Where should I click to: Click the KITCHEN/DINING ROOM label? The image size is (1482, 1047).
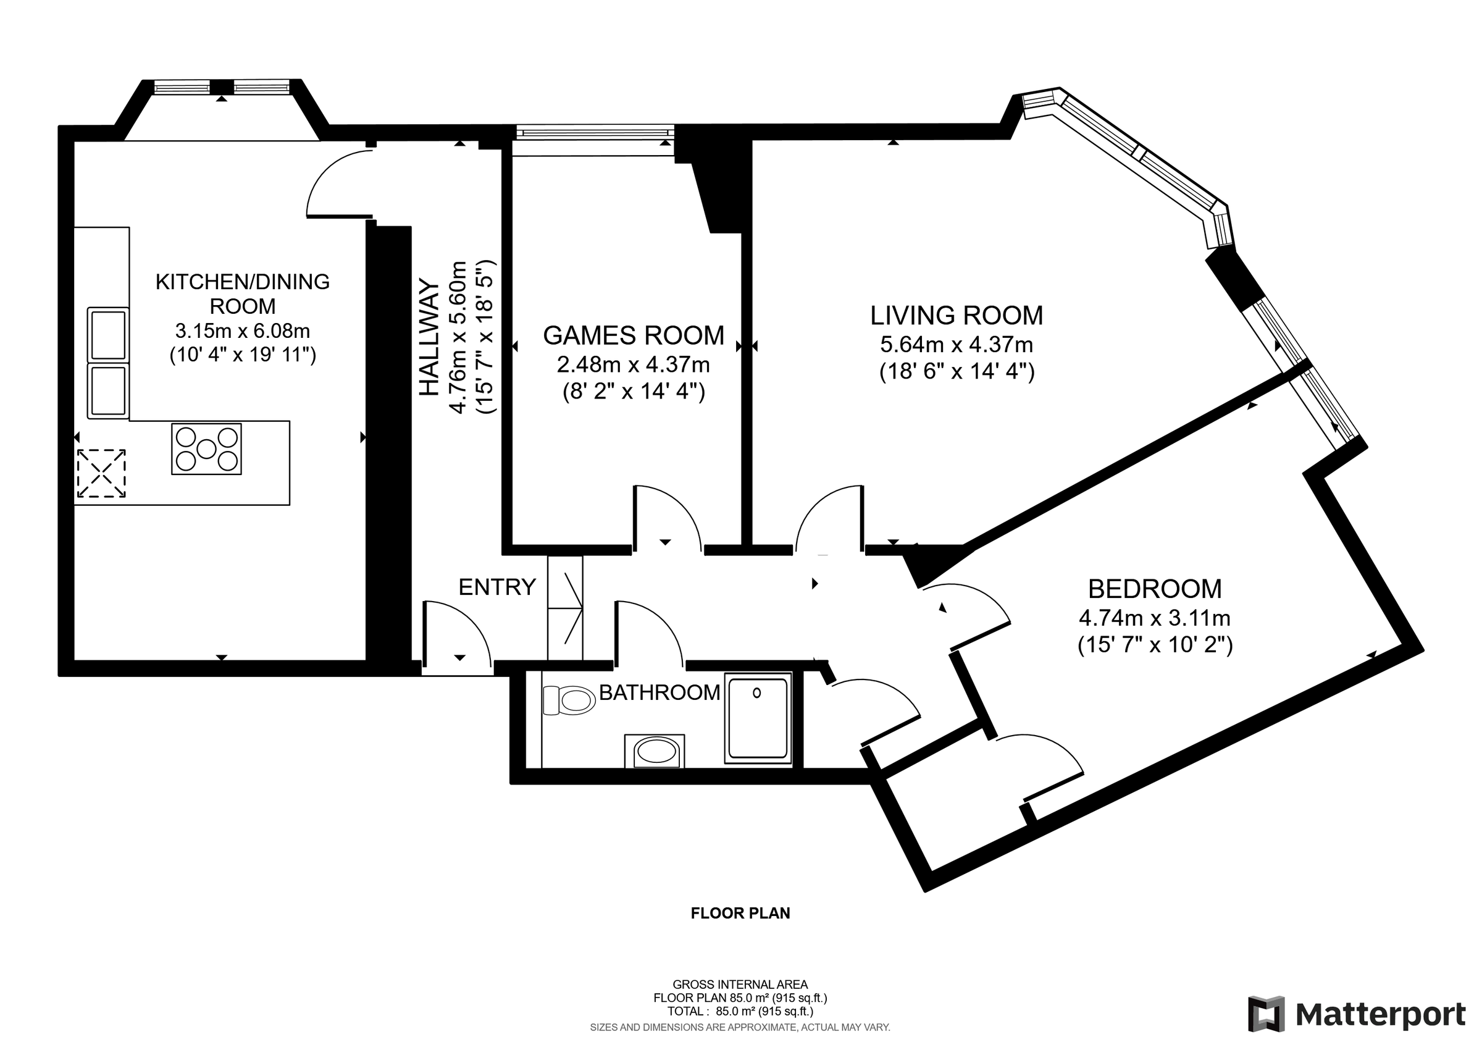[243, 293]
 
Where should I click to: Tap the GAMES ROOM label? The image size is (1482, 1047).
[633, 335]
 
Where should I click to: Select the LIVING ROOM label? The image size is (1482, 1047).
[957, 316]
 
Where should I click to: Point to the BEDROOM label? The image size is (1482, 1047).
[1155, 589]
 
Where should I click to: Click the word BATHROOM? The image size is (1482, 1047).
[659, 692]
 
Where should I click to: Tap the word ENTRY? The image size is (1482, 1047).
[497, 587]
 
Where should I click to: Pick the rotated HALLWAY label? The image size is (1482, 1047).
[429, 337]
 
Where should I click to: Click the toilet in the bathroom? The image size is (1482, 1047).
[569, 700]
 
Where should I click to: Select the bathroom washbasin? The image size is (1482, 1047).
[655, 751]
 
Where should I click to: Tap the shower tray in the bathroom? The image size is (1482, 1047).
[758, 718]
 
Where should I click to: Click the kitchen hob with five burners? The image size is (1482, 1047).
[206, 448]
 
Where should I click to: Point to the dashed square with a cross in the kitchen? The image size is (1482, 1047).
[101, 473]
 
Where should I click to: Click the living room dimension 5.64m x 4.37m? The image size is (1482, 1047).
[957, 345]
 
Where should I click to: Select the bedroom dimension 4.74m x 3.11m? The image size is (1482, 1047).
[1155, 618]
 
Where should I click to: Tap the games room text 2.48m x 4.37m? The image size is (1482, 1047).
[633, 364]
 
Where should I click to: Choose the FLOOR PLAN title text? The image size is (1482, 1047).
[740, 914]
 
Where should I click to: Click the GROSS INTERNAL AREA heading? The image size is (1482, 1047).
[740, 985]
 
